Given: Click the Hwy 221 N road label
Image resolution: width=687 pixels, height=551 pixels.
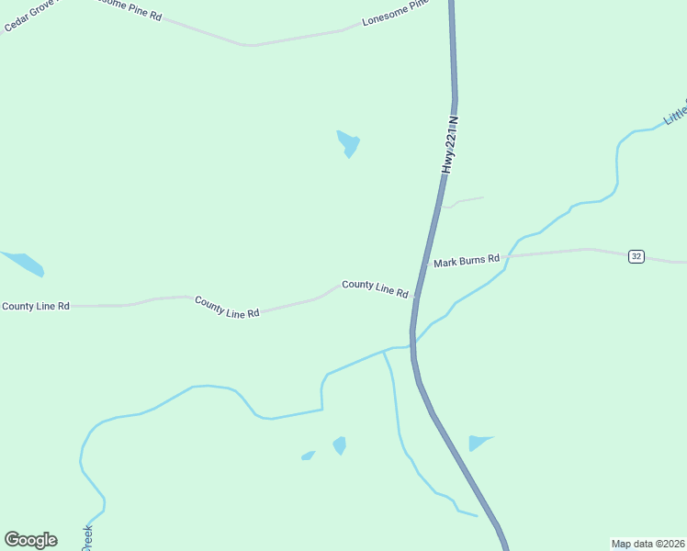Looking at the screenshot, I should click(x=449, y=145).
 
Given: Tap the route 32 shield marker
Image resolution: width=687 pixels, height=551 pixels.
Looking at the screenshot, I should click(x=636, y=256).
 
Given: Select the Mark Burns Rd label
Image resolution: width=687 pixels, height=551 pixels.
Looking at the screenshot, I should click(x=467, y=261).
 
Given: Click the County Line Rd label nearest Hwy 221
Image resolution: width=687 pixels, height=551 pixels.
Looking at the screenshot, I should click(x=375, y=287).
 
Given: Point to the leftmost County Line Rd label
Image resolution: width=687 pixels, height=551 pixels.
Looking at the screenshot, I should click(x=36, y=306).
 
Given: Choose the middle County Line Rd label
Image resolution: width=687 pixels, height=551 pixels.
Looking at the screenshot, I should click(x=227, y=307).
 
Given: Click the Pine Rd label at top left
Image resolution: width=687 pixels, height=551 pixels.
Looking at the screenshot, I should click(x=129, y=10).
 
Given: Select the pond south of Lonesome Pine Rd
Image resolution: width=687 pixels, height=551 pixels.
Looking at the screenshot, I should click(x=348, y=143).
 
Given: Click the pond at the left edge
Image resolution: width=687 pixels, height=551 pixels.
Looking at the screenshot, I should click(x=23, y=263).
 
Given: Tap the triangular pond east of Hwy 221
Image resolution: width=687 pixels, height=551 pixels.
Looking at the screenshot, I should click(x=478, y=443).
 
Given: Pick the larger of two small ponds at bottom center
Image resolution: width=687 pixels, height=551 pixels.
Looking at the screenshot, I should click(x=340, y=445).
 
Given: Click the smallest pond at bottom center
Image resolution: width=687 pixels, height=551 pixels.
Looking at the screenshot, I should click(x=309, y=455).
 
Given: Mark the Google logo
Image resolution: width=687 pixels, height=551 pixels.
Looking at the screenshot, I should click(x=30, y=540).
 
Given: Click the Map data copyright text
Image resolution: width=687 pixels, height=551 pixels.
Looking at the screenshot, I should click(x=648, y=543).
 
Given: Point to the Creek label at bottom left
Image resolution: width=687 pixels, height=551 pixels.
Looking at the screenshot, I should click(x=88, y=537).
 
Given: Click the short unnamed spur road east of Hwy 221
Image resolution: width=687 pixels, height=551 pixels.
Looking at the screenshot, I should click(x=464, y=200).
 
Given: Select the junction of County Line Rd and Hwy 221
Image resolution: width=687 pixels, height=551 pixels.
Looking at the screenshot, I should click(x=416, y=297).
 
